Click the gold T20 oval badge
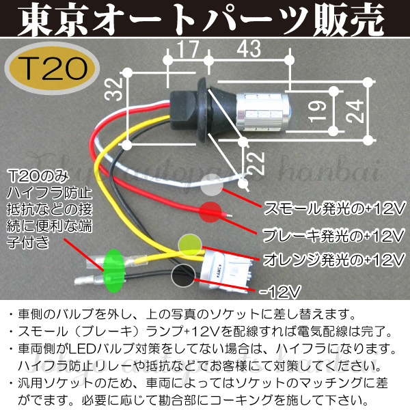(x=53, y=69)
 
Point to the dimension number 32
(x=114, y=90)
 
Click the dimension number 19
(x=317, y=111)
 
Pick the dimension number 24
(x=355, y=111)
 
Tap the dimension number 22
(x=256, y=163)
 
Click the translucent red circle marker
(x=210, y=212)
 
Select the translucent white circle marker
(x=213, y=185)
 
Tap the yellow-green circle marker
(x=190, y=246)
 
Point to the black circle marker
(x=183, y=275)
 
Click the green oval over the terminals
(x=113, y=271)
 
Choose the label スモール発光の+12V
(x=334, y=208)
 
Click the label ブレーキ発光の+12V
(x=333, y=234)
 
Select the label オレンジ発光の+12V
(x=334, y=260)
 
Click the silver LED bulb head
(x=263, y=111)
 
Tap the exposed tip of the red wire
(x=228, y=216)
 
